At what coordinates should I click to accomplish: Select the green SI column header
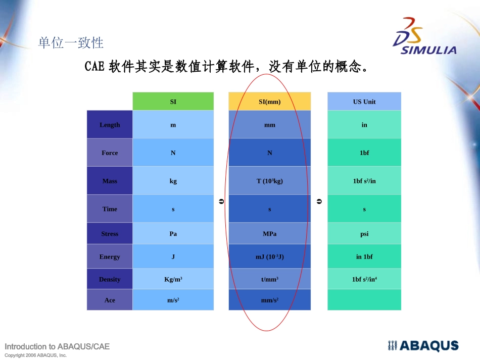point(173,101)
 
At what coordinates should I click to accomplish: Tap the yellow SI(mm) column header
point(269,101)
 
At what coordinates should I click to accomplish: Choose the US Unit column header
point(364,101)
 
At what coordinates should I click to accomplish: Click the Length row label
point(110,125)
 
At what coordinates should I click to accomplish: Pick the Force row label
point(110,152)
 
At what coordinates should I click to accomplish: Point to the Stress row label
point(110,234)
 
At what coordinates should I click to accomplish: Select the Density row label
point(110,279)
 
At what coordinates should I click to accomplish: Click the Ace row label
point(110,300)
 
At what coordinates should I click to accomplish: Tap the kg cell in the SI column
point(173,181)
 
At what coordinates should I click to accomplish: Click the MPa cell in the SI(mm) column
point(269,234)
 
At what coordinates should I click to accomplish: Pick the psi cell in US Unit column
point(364,234)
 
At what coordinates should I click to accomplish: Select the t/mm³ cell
point(269,279)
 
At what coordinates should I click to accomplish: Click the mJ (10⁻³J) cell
point(269,256)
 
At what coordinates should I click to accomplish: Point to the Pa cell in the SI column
point(173,234)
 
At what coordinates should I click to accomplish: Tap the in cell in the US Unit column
point(364,125)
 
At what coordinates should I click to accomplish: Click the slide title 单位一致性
point(71,43)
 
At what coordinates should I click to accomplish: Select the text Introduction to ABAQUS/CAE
point(57,346)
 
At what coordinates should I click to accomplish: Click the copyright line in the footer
point(35,355)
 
